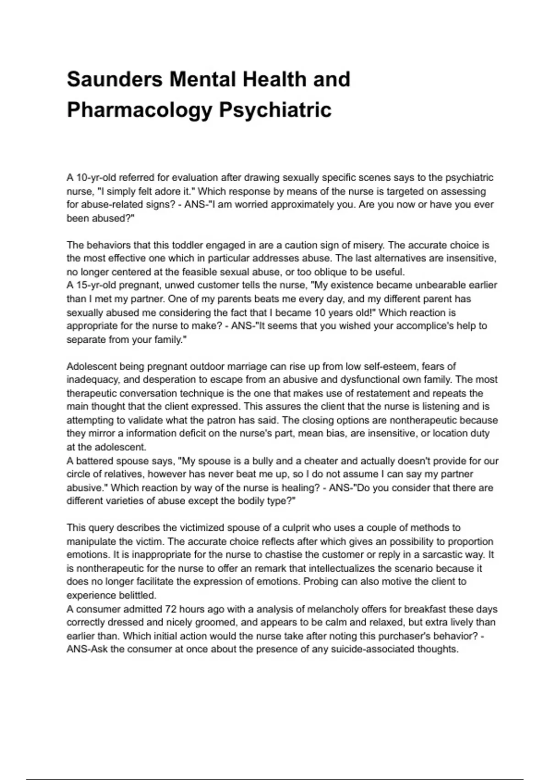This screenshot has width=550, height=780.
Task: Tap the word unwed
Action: (x=178, y=285)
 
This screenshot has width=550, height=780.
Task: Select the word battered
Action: (x=94, y=461)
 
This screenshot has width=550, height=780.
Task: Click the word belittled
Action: (x=137, y=596)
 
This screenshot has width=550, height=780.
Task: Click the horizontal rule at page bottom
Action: (x=275, y=779)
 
